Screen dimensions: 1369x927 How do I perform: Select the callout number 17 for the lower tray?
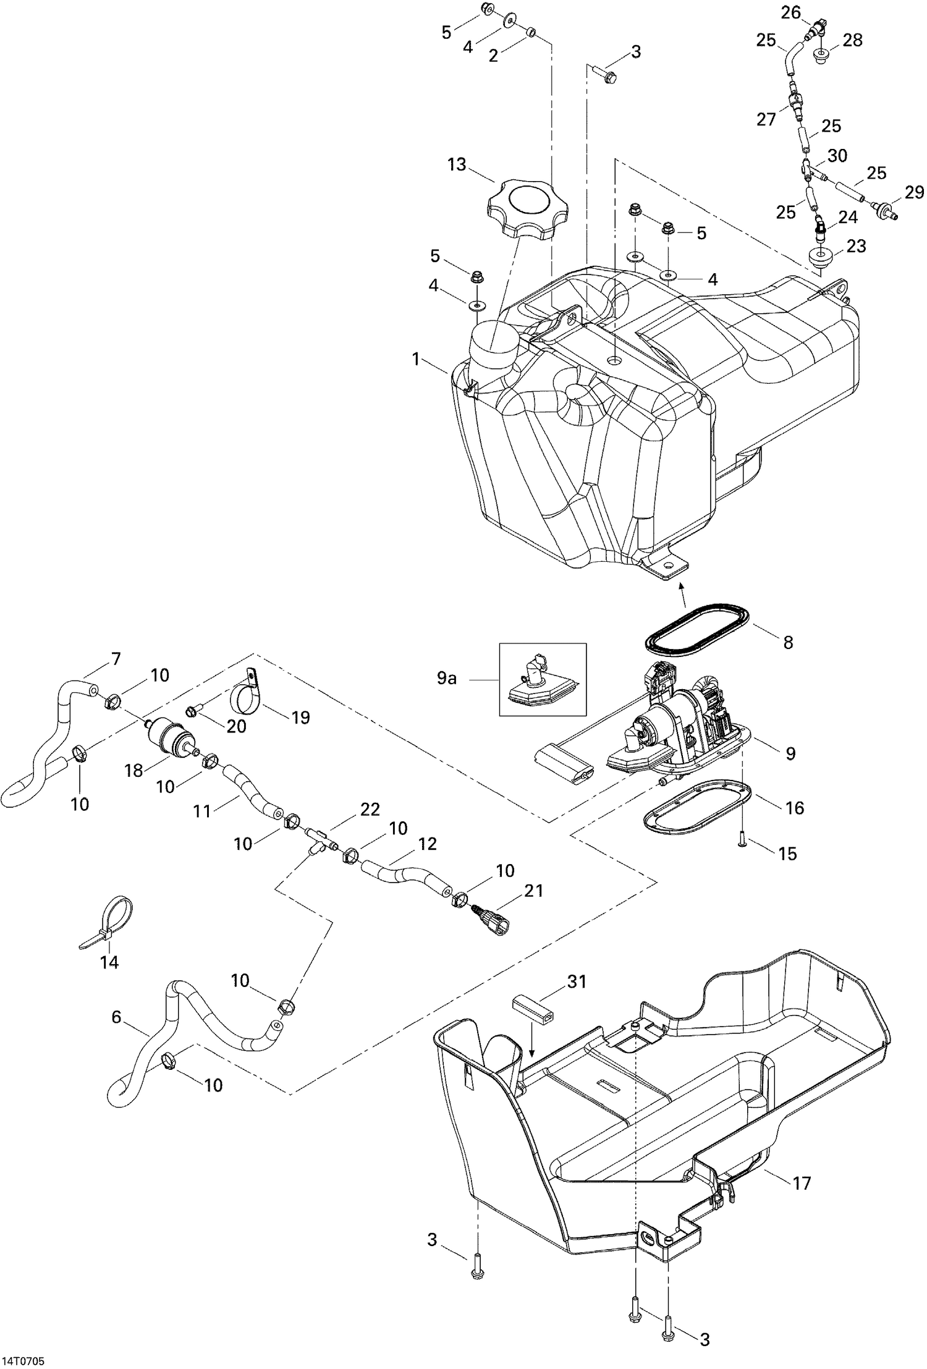[802, 1183]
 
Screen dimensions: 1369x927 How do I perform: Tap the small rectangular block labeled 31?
[531, 1009]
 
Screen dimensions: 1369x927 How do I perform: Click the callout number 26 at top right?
[791, 12]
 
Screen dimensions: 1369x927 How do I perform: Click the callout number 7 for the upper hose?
[115, 659]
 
